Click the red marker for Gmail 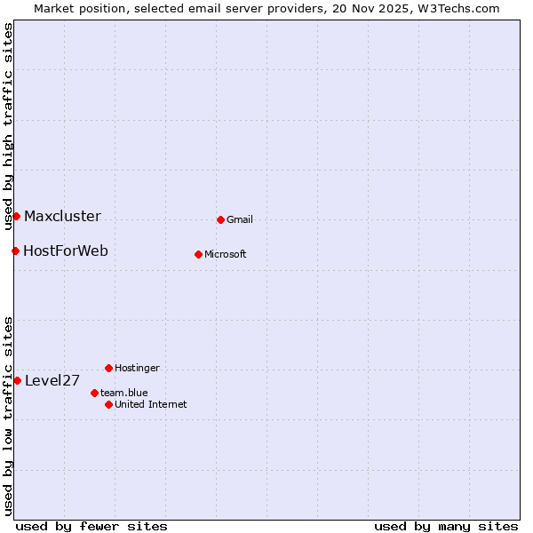220,219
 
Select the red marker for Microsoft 198,254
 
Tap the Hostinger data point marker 108,368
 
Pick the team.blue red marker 94,393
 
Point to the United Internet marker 108,404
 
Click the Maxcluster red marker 16,216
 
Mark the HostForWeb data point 15,251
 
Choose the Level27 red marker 17,380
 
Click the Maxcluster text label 62,216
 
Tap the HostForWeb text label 66,251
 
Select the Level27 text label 52,381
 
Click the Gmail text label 240,219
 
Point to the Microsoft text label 226,254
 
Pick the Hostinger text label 137,368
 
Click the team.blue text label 123,393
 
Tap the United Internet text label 150,404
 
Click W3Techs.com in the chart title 459,8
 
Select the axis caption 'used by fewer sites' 91,526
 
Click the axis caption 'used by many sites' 446,526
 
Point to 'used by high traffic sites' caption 8,126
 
